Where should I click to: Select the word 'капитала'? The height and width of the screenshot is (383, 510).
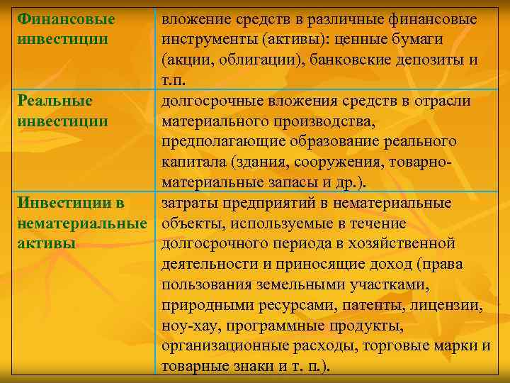[191, 162]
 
